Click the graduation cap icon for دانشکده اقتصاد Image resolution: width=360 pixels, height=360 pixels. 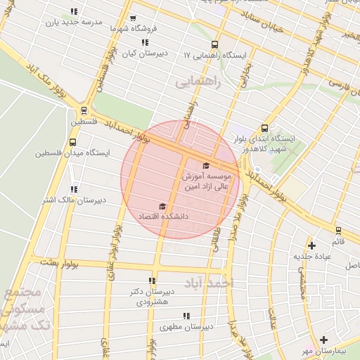162,206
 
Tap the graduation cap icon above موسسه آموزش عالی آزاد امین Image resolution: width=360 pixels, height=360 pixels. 205,165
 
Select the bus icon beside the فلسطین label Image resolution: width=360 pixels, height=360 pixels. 84,110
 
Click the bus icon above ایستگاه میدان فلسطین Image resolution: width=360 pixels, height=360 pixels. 72,141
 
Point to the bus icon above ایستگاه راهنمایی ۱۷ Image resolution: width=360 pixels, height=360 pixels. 214,44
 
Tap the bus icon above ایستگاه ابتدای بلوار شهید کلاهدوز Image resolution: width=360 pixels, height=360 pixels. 264,129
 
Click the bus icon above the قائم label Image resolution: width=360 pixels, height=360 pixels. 338,230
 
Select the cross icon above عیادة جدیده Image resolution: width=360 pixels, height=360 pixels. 311,245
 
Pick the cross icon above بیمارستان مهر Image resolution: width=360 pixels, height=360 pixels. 323,340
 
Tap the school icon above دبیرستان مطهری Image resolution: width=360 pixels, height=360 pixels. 186,316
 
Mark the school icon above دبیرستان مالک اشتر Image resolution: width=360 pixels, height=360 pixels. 74,189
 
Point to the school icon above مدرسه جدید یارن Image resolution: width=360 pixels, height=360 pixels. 75,11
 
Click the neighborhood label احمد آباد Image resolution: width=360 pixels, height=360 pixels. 207,283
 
